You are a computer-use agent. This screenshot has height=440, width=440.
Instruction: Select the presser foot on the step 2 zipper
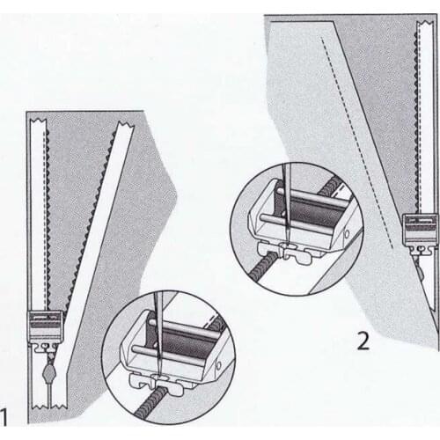click(x=414, y=227)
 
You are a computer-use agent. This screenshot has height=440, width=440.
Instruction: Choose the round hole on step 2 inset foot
click(x=347, y=235)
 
